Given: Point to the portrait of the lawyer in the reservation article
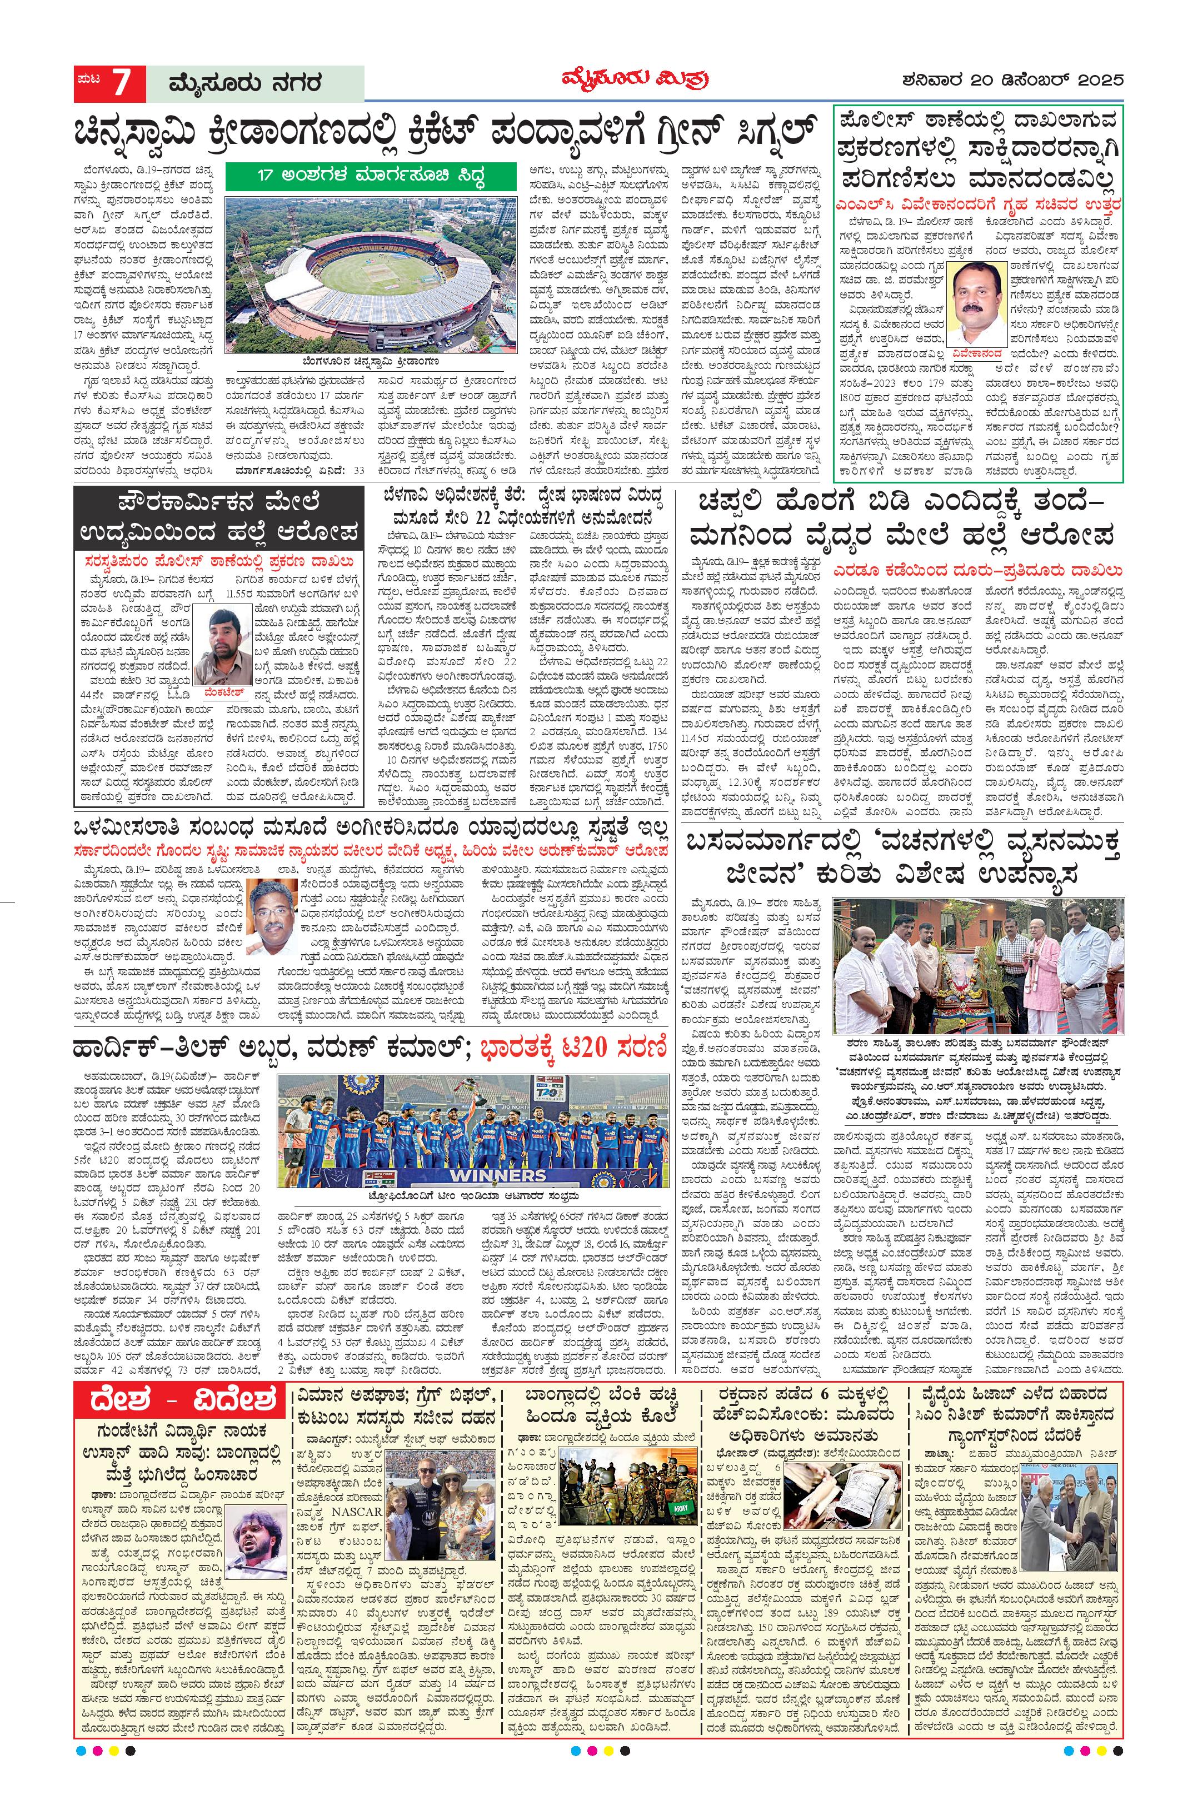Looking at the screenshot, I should coord(275,919).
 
